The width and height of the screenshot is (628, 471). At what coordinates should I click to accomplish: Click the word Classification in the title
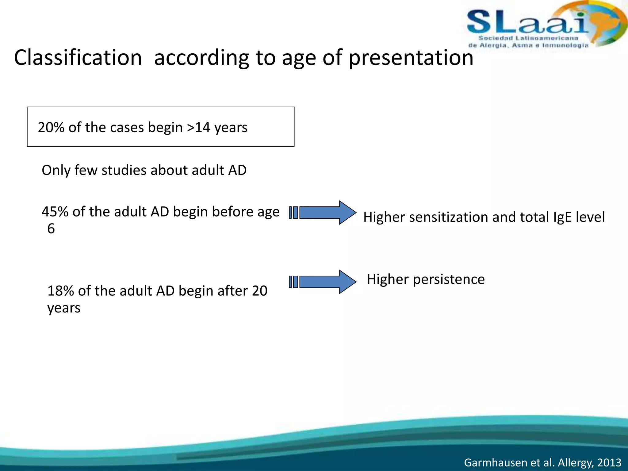tap(78, 58)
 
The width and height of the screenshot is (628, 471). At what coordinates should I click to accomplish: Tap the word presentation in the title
tap(411, 58)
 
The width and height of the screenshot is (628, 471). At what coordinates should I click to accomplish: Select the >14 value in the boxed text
tap(198, 127)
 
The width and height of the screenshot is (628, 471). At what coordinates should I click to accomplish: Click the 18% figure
tap(61, 291)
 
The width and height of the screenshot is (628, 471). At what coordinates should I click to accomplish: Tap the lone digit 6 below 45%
tap(51, 229)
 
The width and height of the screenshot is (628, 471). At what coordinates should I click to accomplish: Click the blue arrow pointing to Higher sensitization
tap(325, 213)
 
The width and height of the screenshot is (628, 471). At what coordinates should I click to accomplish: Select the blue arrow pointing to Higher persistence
tap(325, 282)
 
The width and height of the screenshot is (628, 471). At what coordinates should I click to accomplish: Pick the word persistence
tap(449, 279)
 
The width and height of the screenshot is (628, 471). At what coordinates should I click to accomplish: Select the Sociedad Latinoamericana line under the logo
tap(528, 38)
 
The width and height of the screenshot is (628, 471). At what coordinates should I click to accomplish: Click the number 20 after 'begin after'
tap(259, 291)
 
